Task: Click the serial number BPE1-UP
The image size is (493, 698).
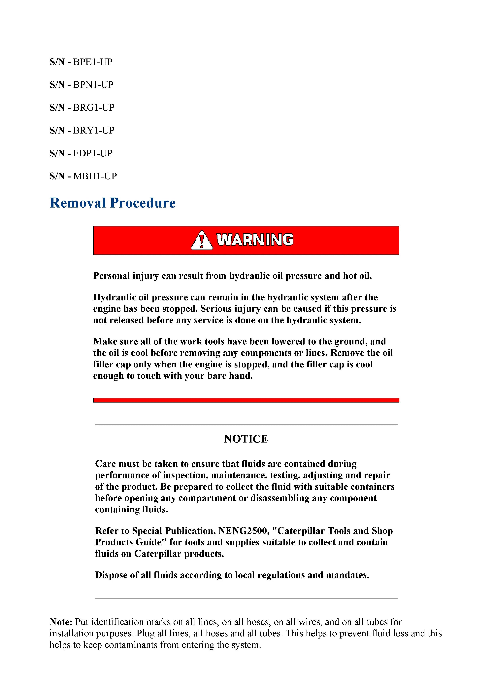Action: pos(93,62)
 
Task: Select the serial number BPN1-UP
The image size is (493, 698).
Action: pos(93,85)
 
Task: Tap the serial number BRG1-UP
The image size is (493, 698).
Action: pos(94,108)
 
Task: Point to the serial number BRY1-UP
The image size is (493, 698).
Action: pos(94,130)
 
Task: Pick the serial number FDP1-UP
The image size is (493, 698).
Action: pos(93,153)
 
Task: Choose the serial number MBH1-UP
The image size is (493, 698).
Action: pos(95,176)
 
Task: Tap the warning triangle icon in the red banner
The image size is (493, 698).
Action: pos(201,240)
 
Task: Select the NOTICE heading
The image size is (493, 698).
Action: pos(246,439)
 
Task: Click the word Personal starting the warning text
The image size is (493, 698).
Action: pos(111,276)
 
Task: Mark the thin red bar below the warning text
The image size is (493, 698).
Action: pos(246,400)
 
